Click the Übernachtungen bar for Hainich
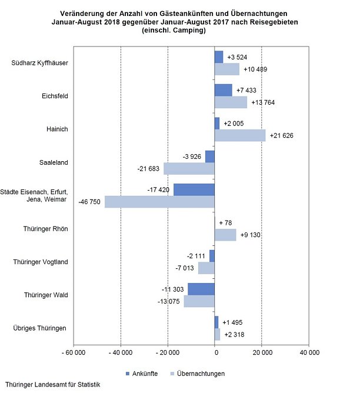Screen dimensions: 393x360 (240, 135)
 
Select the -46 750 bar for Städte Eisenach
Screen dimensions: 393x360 (159, 201)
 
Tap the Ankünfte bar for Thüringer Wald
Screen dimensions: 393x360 (201, 289)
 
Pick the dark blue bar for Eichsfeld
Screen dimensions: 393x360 (224, 90)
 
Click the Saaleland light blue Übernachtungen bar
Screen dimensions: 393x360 (189, 168)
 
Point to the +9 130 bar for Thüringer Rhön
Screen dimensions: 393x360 (225, 235)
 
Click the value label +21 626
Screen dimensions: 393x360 (281, 136)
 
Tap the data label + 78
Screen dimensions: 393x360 (226, 223)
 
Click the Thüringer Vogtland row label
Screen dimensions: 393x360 (39, 262)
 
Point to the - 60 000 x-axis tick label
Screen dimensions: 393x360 (74, 353)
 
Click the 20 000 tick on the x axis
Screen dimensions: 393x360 (262, 353)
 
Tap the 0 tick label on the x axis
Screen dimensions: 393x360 (215, 353)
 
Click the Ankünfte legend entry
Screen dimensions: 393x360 (141, 374)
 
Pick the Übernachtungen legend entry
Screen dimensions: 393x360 (197, 374)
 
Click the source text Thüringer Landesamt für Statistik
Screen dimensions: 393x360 (54, 385)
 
